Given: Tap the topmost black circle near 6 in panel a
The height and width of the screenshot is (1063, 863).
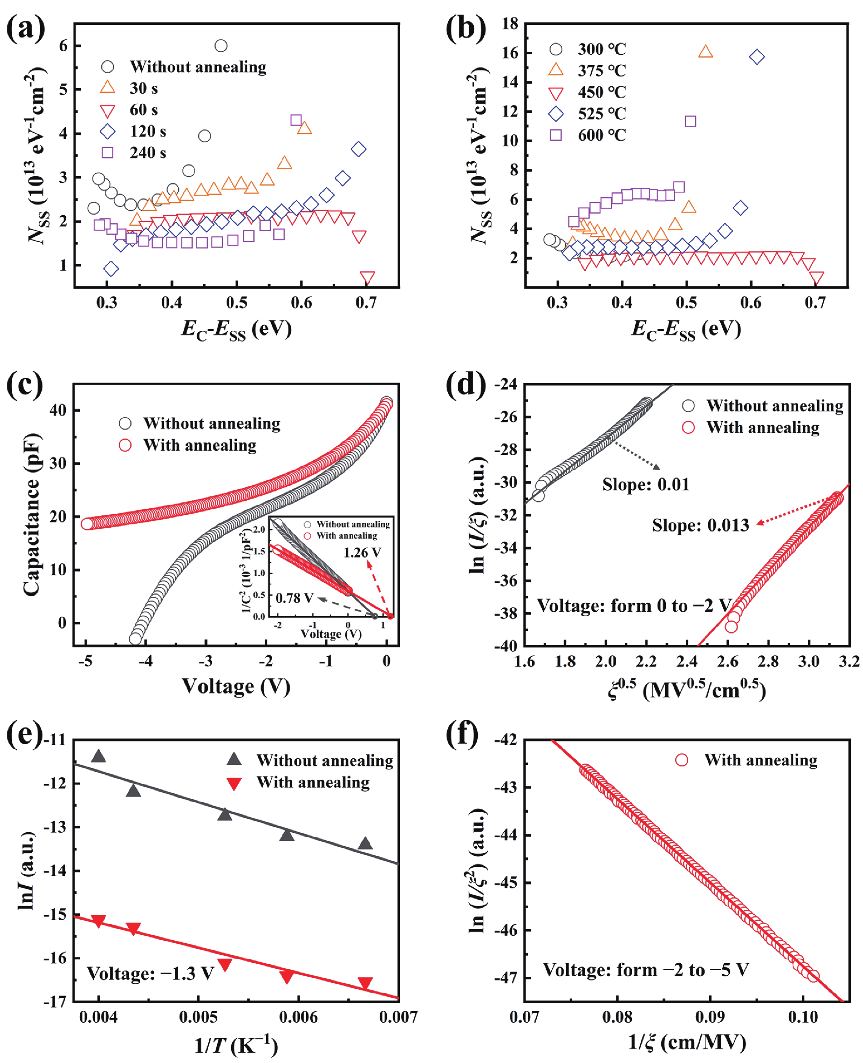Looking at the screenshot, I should point(221,46).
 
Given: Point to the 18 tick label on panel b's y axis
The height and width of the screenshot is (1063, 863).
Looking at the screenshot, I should point(510,23).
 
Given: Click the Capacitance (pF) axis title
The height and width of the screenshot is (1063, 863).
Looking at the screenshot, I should point(31,515).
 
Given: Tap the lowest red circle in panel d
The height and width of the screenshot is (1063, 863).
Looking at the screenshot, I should point(731,627).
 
